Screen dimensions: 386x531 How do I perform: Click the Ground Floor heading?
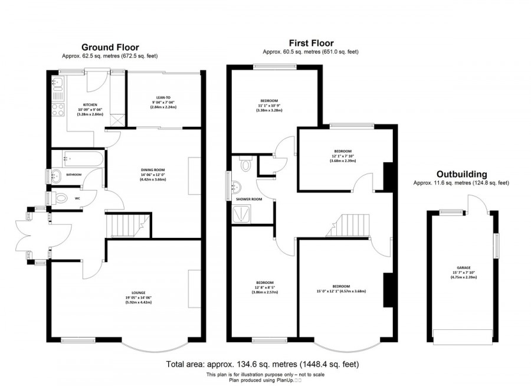tap(110, 47)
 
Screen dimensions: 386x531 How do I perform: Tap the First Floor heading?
tap(311, 43)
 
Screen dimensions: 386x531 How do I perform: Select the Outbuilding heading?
tap(461, 174)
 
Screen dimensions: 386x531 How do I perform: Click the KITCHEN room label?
tap(90, 105)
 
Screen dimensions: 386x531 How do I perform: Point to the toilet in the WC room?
tap(58, 198)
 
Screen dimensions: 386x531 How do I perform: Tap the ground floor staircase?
tap(124, 226)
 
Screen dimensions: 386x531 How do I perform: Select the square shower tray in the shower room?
tap(242, 215)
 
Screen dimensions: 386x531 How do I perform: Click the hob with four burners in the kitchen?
tap(58, 110)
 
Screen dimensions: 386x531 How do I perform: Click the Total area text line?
tap(263, 364)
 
